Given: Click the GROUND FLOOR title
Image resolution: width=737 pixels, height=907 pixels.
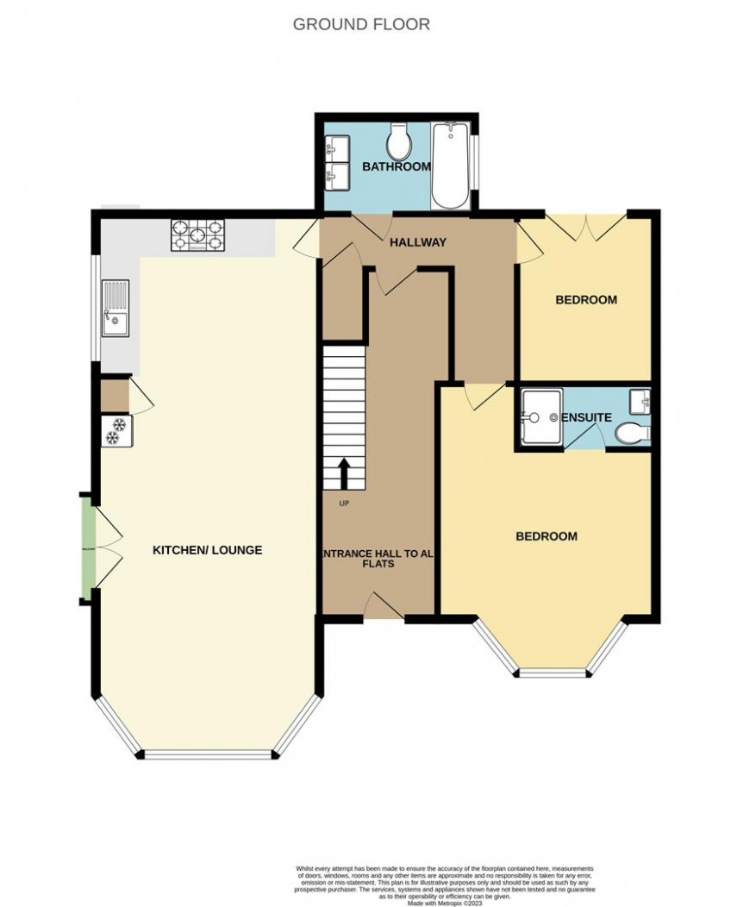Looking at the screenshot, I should pos(361,24).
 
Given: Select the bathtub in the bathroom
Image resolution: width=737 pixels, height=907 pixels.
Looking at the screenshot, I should pos(450,166).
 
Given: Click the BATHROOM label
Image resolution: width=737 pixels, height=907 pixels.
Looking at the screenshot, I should pos(396,166).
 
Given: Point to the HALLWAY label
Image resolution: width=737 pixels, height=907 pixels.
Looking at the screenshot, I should pos(418,242).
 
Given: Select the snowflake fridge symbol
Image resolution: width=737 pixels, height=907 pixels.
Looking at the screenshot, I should pos(114,431).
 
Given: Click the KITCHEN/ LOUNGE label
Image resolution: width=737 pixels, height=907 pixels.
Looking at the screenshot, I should pos(207,550).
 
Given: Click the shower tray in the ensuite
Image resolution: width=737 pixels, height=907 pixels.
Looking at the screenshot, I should pos(540,417).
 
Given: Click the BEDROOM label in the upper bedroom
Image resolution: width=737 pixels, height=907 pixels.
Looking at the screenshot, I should pos(585,300).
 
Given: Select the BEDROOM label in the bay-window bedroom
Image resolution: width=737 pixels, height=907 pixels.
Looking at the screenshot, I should pos(546,536).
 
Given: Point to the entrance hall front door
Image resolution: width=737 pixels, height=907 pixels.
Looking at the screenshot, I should pos(384,607).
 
